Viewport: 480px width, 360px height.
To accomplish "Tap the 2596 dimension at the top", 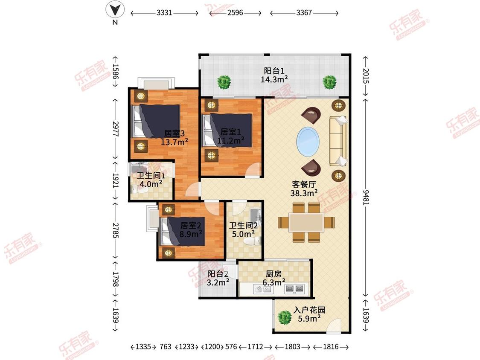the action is (x=235, y=13).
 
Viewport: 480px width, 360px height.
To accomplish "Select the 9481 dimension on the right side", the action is (x=366, y=197).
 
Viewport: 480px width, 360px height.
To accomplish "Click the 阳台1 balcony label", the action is (x=274, y=71).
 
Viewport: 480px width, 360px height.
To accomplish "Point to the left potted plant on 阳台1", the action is (x=224, y=82).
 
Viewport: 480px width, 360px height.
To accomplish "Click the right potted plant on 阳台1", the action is (x=330, y=82).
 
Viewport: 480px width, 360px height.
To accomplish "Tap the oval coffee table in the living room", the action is (x=308, y=142).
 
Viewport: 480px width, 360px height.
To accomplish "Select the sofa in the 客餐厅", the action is (x=338, y=141).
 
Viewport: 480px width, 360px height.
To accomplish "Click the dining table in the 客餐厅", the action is (x=306, y=223).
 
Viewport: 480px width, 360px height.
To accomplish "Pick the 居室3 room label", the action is (x=175, y=134).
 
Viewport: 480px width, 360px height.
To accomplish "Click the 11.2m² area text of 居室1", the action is (x=231, y=140).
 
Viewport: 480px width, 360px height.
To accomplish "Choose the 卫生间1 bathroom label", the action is (x=151, y=176).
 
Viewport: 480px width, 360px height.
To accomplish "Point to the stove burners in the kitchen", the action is (x=294, y=288).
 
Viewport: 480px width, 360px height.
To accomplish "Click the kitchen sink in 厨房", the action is (x=264, y=289).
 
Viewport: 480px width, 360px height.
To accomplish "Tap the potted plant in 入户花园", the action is (x=285, y=318).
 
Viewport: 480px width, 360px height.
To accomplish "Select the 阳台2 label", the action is (x=218, y=274).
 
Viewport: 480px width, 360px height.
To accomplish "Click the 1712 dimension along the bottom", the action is (x=255, y=346).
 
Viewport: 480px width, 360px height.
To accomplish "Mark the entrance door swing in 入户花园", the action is (x=334, y=326).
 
